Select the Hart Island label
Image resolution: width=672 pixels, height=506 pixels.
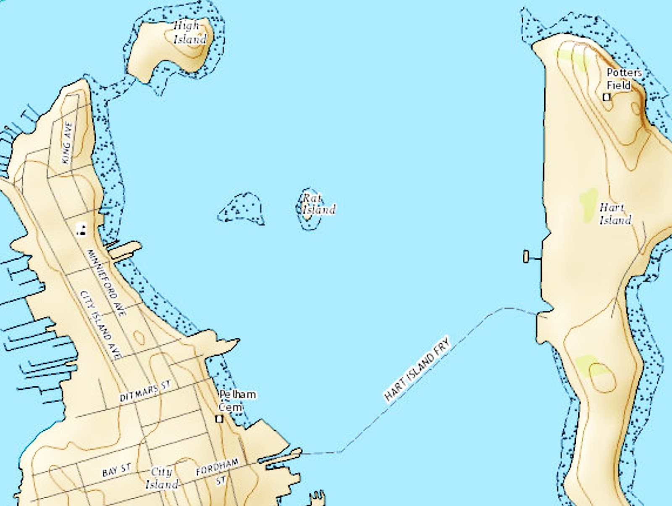[x=615, y=214]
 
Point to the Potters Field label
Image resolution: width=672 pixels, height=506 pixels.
[x=623, y=79]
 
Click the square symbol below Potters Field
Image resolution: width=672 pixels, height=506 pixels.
[x=606, y=97]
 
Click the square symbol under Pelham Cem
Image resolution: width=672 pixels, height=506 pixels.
[x=219, y=419]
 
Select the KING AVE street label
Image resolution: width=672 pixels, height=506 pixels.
[x=67, y=143]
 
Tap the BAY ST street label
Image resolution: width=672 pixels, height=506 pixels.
[x=116, y=470]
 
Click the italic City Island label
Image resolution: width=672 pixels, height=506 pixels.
[x=162, y=478]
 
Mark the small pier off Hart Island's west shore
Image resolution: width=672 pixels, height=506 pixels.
[x=526, y=256]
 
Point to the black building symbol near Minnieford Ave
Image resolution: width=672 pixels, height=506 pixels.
[x=82, y=229]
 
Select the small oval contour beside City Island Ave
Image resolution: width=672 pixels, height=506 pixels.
[x=138, y=336]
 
